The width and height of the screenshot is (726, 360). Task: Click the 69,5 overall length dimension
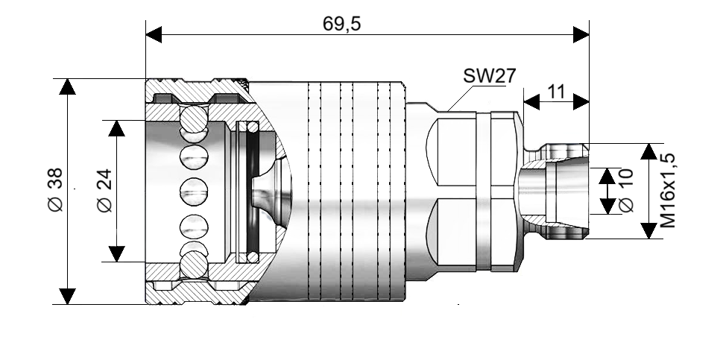341,24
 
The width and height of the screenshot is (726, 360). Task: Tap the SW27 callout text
490,75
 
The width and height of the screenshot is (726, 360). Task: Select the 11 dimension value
556,92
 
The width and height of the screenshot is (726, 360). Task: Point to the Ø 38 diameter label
55,190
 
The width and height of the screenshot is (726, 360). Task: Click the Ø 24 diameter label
104,191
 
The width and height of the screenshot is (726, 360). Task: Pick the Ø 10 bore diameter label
626,191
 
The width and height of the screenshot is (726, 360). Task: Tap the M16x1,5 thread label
667,191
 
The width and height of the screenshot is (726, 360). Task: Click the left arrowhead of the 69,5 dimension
154,35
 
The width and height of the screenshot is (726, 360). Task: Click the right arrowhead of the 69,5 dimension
581,35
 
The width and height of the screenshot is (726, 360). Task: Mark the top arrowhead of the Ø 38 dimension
68,86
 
